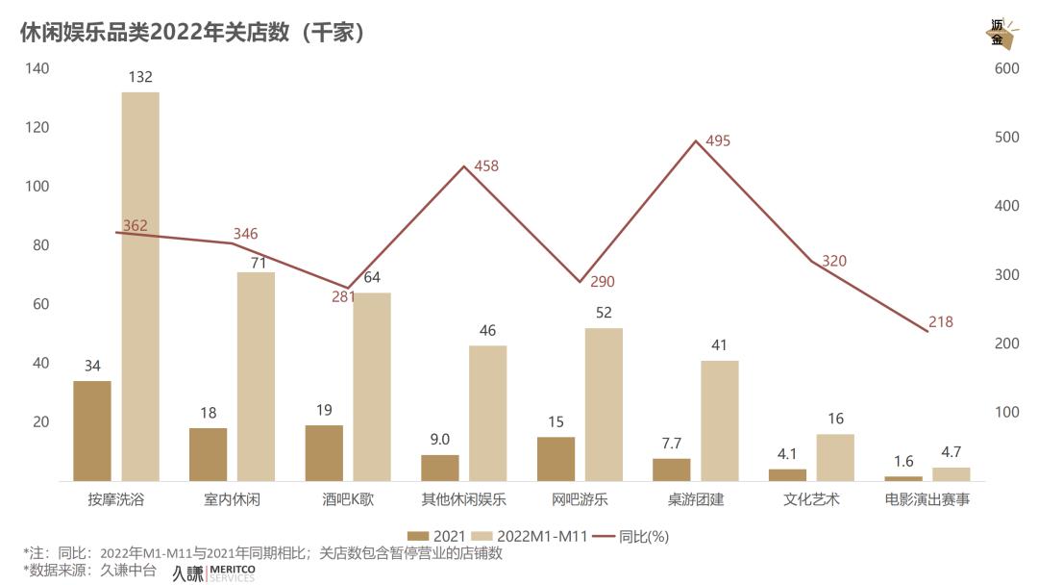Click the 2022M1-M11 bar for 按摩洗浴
[140, 287]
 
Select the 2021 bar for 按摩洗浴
[92, 431]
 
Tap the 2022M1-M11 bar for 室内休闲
[256, 376]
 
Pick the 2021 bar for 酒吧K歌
[324, 453]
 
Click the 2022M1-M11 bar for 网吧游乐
[604, 404]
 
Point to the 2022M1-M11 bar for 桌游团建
[720, 420]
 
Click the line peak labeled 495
[696, 141]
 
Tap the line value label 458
[486, 166]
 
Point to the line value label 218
[941, 322]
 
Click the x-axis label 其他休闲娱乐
[464, 500]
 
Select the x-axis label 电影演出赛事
[927, 500]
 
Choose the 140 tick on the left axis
[37, 68]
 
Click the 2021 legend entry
[437, 536]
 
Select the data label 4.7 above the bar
[951, 451]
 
